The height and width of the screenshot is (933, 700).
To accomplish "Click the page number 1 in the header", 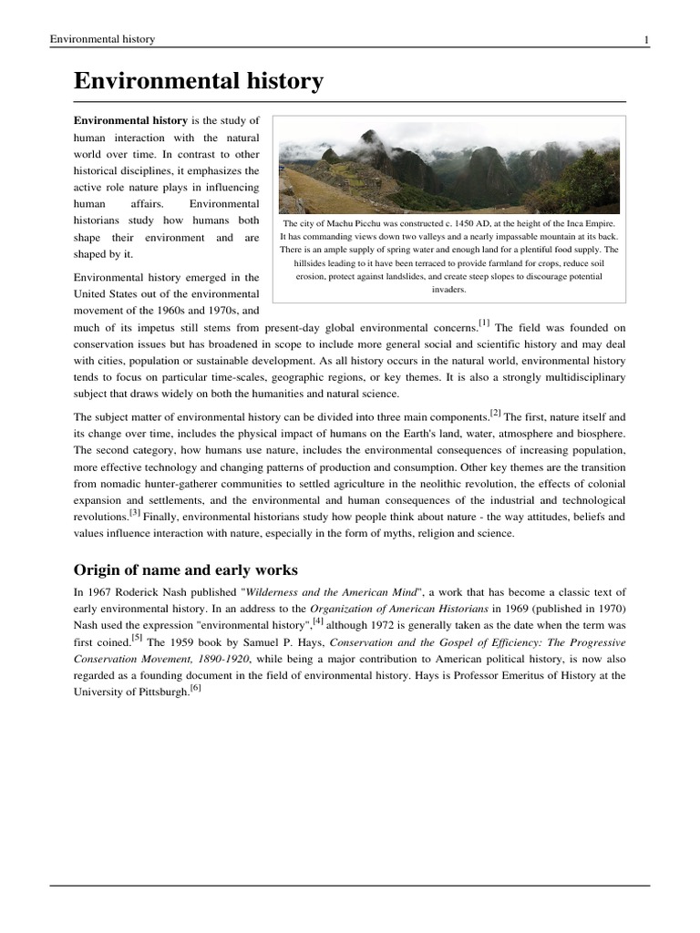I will click(x=645, y=40).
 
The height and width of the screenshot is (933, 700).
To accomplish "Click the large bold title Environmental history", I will click(x=198, y=82).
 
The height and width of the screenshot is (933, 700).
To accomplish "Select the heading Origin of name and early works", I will click(x=185, y=569).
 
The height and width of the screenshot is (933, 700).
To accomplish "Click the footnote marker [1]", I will click(x=484, y=323).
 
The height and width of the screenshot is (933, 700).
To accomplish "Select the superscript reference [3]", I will click(x=134, y=512).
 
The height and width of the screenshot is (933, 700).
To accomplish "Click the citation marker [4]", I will click(x=318, y=621).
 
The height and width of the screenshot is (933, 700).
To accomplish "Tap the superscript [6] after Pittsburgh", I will click(x=195, y=688).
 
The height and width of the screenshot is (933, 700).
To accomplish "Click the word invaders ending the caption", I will click(x=448, y=289).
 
